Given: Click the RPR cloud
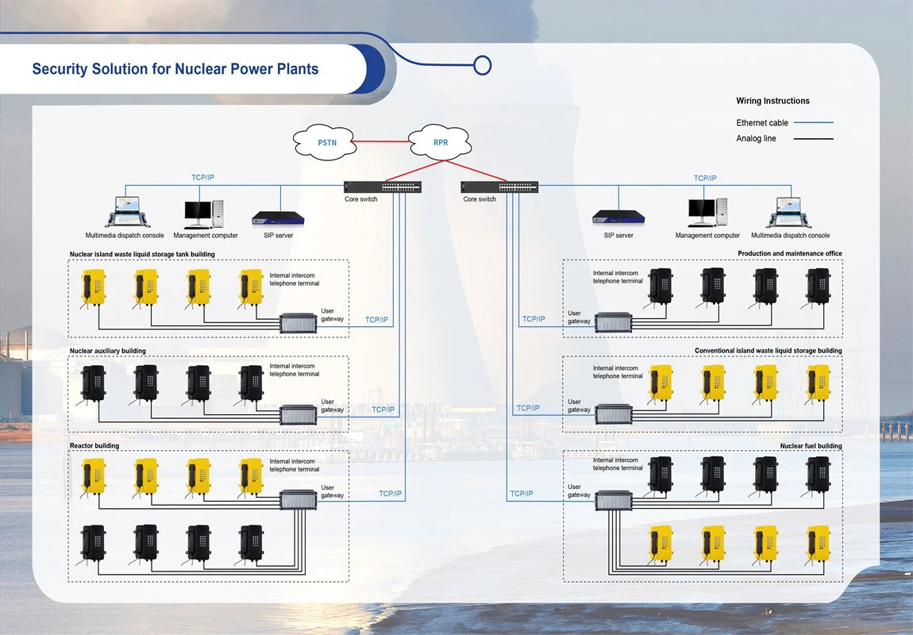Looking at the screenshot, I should pyautogui.click(x=440, y=142).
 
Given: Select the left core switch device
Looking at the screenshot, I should pyautogui.click(x=383, y=187).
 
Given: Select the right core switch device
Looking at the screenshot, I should pyautogui.click(x=500, y=187).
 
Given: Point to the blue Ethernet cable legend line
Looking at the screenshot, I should pyautogui.click(x=813, y=123).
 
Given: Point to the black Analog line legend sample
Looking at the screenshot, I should pyautogui.click(x=813, y=139).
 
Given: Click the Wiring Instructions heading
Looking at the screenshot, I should pyautogui.click(x=772, y=101).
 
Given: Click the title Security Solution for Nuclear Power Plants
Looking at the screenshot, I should pyautogui.click(x=175, y=69).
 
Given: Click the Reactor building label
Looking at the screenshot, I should pyautogui.click(x=94, y=446).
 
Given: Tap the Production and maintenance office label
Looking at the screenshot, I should pyautogui.click(x=789, y=254).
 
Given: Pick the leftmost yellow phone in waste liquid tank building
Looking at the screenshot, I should pyautogui.click(x=94, y=287).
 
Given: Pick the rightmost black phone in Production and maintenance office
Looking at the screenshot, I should pyautogui.click(x=818, y=286).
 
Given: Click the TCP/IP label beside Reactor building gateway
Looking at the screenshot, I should pyautogui.click(x=391, y=494).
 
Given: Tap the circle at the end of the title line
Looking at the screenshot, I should pyautogui.click(x=482, y=65).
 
